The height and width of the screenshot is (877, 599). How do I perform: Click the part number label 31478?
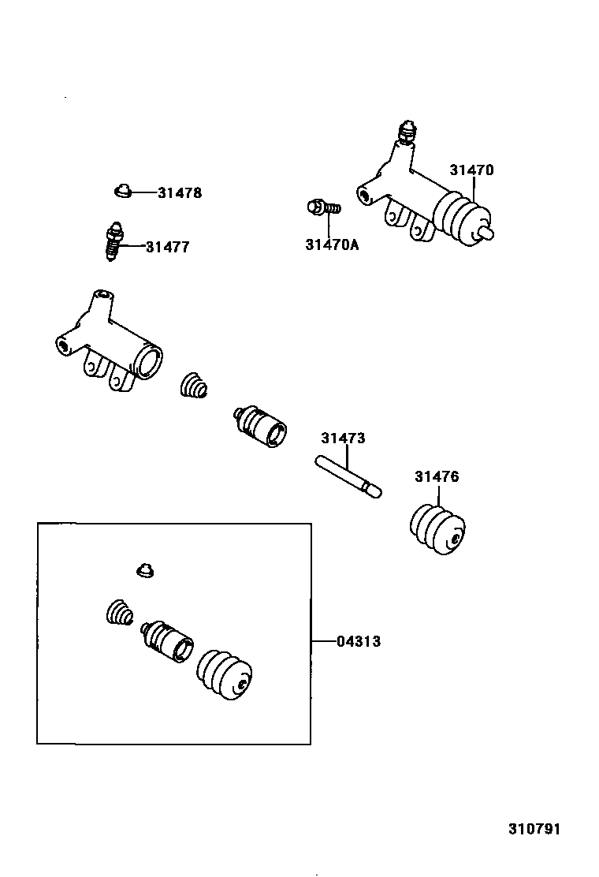click(179, 192)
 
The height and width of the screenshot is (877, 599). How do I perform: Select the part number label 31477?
click(167, 247)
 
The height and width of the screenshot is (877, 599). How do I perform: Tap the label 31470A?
click(331, 244)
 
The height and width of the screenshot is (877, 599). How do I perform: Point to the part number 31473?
click(343, 438)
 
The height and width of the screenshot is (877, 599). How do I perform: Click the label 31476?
click(437, 476)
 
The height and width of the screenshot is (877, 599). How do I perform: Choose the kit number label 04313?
click(359, 642)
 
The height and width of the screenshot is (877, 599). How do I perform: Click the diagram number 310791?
click(533, 829)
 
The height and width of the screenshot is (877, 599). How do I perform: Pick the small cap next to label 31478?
click(121, 190)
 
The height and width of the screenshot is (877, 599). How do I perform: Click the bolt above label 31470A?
click(322, 208)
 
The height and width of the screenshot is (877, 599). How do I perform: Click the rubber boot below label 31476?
click(437, 530)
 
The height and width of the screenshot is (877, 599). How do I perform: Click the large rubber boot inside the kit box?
click(225, 674)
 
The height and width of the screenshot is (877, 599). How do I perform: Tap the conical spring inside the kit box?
click(119, 614)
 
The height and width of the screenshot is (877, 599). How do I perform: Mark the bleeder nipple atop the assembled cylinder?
click(407, 132)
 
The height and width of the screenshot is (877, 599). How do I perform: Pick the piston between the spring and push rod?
click(260, 426)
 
